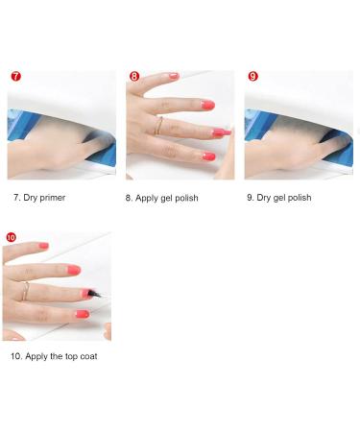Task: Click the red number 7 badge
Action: pyautogui.click(x=15, y=77)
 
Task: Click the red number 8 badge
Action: pyautogui.click(x=134, y=77)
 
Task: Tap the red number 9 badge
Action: pyautogui.click(x=253, y=77)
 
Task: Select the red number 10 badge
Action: pyautogui.click(x=11, y=237)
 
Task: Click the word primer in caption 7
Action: pyautogui.click(x=53, y=198)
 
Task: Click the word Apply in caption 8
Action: pyautogui.click(x=146, y=199)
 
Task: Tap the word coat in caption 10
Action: pyautogui.click(x=88, y=356)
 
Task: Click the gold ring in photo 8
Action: pyautogui.click(x=158, y=126)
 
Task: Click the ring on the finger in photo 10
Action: pyautogui.click(x=25, y=291)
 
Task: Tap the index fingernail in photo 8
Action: pyautogui.click(x=174, y=76)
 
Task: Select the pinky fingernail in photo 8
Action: pyautogui.click(x=208, y=156)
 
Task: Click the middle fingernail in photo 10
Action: pyautogui.click(x=74, y=270)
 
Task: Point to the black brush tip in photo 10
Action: pyautogui.click(x=95, y=294)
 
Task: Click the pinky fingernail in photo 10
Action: pyautogui.click(x=83, y=314)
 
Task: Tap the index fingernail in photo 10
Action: pyautogui.click(x=43, y=246)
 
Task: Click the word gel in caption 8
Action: pyautogui.click(x=167, y=199)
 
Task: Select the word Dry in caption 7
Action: pyautogui.click(x=31, y=198)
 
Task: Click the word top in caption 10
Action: pyautogui.click(x=71, y=357)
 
